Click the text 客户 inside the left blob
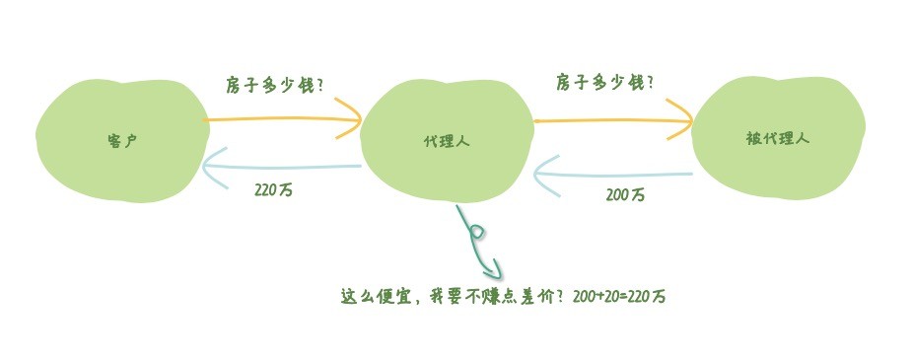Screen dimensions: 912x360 pos(121,140)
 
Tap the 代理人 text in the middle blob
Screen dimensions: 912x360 pos(446,141)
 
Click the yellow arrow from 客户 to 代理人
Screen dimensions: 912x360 pos(281,121)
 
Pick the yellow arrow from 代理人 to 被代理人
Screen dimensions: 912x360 pos(611,122)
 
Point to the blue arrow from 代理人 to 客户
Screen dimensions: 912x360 pos(281,167)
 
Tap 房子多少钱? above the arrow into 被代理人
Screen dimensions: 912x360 pos(604,82)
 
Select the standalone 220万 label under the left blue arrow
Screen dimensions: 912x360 pos(273,190)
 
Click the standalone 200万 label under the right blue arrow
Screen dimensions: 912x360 pos(625,195)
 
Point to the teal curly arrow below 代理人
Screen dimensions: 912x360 pos(478,242)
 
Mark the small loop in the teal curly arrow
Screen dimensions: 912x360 pos(477,232)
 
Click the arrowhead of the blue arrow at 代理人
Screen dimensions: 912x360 pos(543,175)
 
